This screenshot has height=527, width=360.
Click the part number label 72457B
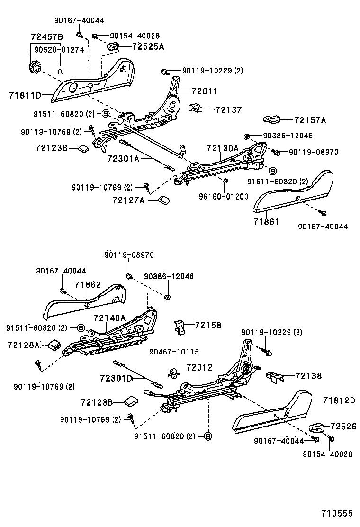[47, 37]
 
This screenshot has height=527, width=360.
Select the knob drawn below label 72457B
[35, 67]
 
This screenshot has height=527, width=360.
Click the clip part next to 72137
[196, 109]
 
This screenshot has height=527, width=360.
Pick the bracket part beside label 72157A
[271, 120]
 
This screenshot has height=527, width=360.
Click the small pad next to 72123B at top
[84, 149]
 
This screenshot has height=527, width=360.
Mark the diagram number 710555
[337, 513]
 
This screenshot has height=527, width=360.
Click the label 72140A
[109, 318]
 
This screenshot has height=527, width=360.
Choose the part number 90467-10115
[174, 352]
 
